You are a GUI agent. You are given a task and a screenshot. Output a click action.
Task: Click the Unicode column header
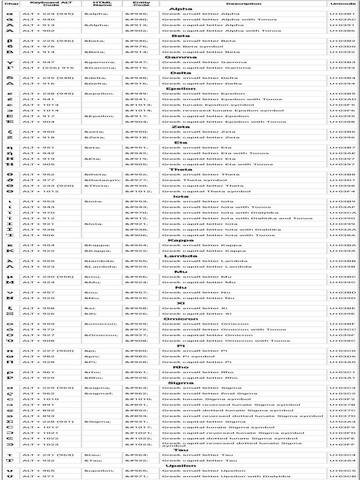tap(343, 4)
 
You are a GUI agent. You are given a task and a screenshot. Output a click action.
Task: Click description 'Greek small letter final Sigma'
tap(203, 394)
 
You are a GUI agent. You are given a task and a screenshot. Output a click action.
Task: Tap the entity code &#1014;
tap(139, 111)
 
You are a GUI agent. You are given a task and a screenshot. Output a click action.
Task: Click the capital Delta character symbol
tap(9, 83)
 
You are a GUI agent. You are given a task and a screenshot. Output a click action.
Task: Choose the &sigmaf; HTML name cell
tap(97, 394)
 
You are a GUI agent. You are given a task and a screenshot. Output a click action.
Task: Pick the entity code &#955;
tap(136, 261)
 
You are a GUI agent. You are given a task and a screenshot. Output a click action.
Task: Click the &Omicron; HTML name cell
tap(101, 335)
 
